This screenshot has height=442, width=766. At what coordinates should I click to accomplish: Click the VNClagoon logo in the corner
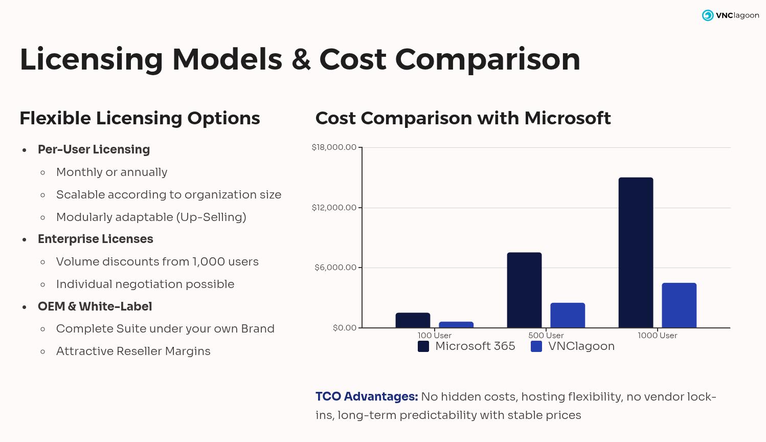click(730, 15)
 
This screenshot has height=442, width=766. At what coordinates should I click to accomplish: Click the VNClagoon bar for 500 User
click(568, 315)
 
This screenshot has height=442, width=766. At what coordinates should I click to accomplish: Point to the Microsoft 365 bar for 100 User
click(413, 320)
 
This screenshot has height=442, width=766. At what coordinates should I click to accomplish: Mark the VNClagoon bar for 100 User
click(456, 324)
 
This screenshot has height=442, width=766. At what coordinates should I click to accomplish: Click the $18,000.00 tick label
click(334, 147)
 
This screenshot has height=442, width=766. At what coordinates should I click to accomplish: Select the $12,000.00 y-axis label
click(334, 207)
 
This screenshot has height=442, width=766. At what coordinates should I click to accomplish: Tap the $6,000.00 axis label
click(335, 268)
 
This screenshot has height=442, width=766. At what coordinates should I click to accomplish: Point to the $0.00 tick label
click(344, 327)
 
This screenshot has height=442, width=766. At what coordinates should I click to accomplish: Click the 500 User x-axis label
click(546, 336)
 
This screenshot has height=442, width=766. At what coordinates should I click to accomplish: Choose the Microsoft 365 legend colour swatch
click(423, 346)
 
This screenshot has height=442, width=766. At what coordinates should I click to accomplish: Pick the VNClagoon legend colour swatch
click(536, 346)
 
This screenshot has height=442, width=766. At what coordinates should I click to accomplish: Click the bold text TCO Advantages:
click(367, 396)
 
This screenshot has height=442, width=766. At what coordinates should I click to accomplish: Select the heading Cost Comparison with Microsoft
click(463, 118)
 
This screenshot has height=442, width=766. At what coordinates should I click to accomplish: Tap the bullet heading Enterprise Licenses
click(95, 239)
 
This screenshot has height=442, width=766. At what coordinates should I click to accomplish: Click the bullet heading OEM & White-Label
click(95, 306)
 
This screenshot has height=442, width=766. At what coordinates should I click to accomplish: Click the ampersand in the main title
click(301, 59)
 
